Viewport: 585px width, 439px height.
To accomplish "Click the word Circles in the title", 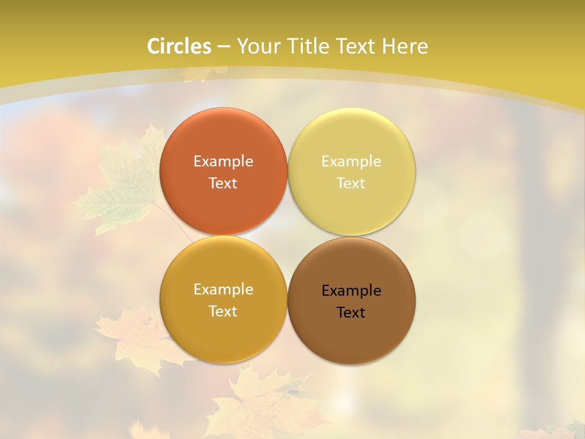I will [179, 46].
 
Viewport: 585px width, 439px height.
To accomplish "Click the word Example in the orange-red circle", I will [223, 161].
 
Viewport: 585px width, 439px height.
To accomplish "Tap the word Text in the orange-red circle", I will [223, 183].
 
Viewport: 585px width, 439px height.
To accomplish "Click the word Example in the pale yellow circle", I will [351, 161].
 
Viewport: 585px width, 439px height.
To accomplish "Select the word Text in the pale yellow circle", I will [351, 183].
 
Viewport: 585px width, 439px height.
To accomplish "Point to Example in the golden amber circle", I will [223, 289].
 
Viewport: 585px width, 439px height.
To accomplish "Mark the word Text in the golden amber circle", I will [223, 311].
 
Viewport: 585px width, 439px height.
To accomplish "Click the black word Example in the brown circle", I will [351, 290].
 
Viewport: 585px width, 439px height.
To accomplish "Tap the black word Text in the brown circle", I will [351, 312].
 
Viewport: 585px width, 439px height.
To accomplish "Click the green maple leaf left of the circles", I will [125, 183].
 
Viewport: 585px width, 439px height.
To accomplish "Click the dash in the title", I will [223, 46].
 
